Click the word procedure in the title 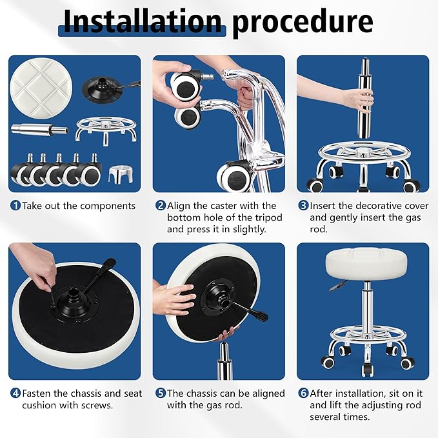pyautogui.click(x=303, y=23)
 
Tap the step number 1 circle pyautogui.click(x=15, y=206)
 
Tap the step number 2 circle pyautogui.click(x=160, y=206)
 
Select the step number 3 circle pyautogui.click(x=303, y=206)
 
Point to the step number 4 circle pyautogui.click(x=15, y=393)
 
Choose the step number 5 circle pyautogui.click(x=160, y=393)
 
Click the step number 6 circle pyautogui.click(x=303, y=393)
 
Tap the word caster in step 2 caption pyautogui.click(x=236, y=206)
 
